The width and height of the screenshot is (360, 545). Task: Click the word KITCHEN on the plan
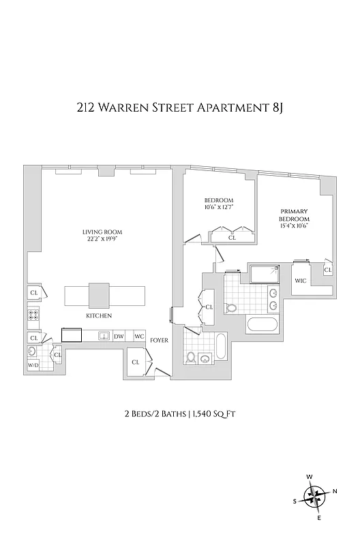point(99,316)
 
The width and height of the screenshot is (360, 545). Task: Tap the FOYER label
point(159,339)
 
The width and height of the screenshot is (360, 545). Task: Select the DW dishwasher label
point(119,336)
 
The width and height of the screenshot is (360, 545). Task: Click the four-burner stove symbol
point(33,315)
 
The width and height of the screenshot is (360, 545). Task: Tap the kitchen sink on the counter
point(104,335)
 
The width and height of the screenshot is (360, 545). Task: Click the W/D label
point(33,366)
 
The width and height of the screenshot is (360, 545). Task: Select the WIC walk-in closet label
point(300,281)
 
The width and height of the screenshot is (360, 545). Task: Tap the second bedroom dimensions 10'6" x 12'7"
point(219,208)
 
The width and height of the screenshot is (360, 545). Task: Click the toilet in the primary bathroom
point(231,308)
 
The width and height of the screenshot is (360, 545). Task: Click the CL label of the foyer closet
point(135,362)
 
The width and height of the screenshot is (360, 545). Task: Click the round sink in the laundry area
point(32,352)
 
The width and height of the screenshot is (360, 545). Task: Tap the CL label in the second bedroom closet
point(232,238)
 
